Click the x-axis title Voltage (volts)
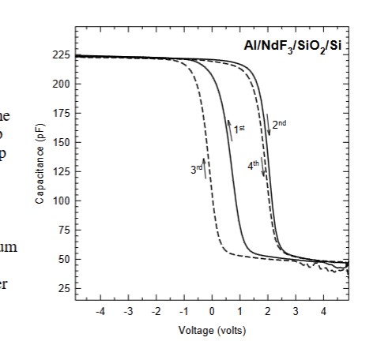click(211, 331)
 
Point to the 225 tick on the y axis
click(61, 54)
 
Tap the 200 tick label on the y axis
click(61, 84)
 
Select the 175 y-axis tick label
click(61, 113)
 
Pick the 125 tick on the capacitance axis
click(61, 171)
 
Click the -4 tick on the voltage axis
click(100, 313)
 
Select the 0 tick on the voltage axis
click(213, 313)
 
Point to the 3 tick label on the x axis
click(296, 313)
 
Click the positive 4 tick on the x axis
click(323, 313)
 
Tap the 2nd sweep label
click(280, 125)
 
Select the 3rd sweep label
click(195, 168)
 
